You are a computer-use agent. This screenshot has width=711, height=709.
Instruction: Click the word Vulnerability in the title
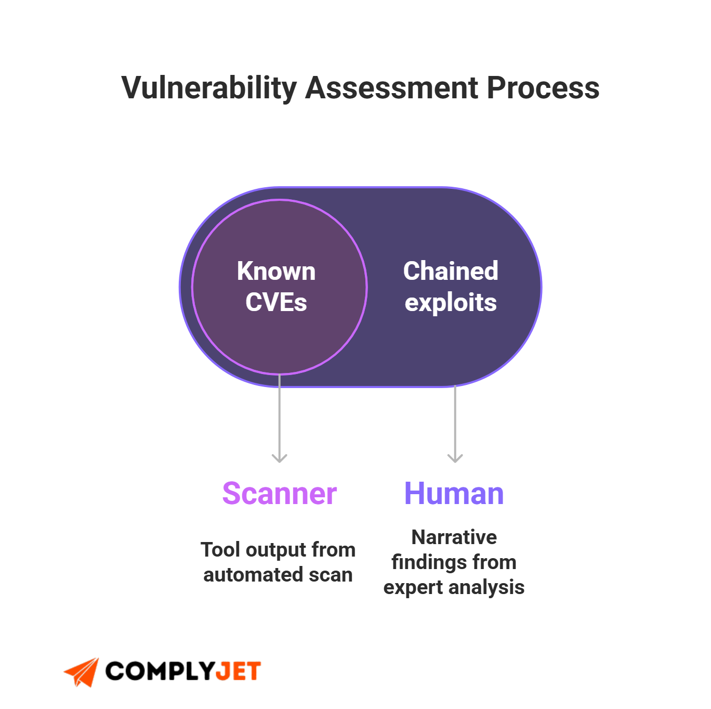point(209,88)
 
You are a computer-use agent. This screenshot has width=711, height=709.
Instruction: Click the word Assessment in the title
point(391,88)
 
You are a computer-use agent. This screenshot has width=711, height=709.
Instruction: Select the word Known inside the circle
point(276,272)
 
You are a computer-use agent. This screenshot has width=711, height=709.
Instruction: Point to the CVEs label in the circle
point(276,302)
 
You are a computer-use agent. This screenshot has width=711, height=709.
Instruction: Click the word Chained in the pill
point(451,271)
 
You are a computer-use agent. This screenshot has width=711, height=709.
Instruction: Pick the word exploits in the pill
point(451,303)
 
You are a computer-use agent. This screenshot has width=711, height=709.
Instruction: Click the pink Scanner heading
point(280,494)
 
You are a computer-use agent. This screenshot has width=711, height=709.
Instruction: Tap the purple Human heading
point(454,494)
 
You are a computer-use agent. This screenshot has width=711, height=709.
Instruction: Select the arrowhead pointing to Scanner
point(280,458)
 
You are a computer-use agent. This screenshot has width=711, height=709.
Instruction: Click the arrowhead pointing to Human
point(455,458)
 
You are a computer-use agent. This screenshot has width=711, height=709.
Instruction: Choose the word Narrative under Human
point(454,537)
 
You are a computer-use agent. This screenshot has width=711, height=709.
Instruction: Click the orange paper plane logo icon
point(82,672)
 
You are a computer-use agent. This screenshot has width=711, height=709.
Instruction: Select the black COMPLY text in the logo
point(159,672)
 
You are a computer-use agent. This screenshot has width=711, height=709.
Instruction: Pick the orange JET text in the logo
point(238,672)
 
